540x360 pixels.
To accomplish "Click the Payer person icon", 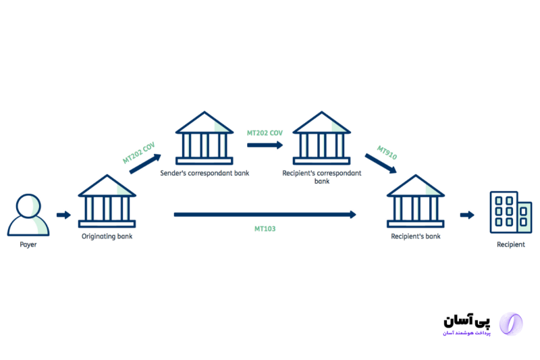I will point(28,215).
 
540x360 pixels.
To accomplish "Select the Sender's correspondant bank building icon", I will point(205,139).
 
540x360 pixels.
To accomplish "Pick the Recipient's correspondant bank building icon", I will point(321,139).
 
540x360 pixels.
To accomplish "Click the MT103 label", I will point(265,229).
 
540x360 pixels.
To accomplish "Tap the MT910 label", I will point(387,152).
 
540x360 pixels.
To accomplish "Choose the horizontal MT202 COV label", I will point(265,133).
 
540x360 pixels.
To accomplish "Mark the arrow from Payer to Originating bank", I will point(63,215).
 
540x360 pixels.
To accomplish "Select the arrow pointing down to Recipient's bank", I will point(380,164).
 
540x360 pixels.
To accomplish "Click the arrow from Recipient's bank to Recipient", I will point(467,215).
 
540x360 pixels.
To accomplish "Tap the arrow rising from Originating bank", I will point(145,164).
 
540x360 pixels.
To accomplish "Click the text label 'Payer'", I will point(28,245).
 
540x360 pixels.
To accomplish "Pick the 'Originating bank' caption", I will point(107,236).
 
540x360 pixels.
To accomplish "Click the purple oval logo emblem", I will point(510,324).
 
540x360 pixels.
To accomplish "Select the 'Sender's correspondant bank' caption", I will point(205,174).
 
